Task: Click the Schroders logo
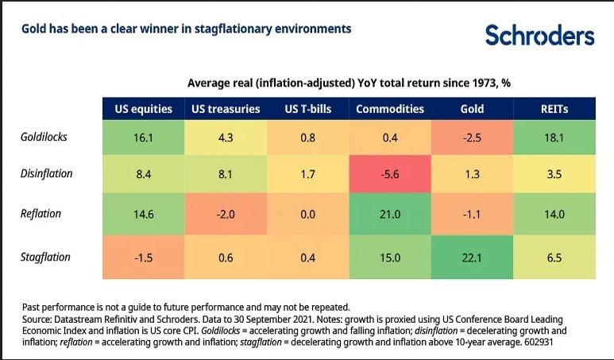pyautogui.click(x=540, y=35)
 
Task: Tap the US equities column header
pyautogui.click(x=143, y=109)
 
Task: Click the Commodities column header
pyautogui.click(x=390, y=109)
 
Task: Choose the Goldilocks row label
pyautogui.click(x=43, y=137)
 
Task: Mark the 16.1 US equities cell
pyautogui.click(x=143, y=137)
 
